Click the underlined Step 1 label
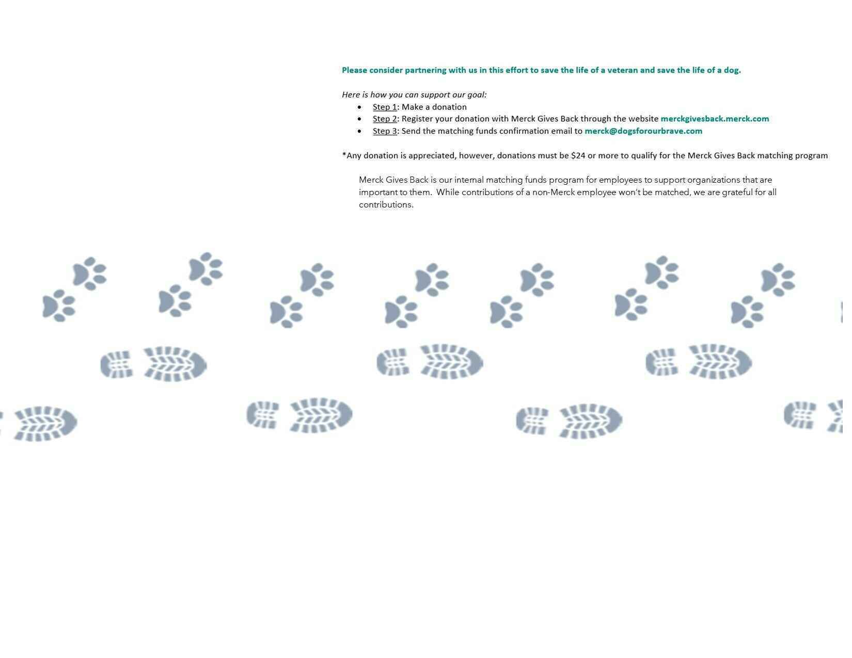coord(384,107)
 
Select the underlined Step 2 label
coord(384,119)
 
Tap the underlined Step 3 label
coord(384,131)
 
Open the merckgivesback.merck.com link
coord(714,119)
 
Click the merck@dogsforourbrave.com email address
coord(643,131)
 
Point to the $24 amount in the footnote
coord(578,155)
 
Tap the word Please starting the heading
coord(354,70)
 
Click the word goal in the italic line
coord(476,95)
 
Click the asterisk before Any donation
coord(344,154)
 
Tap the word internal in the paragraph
coord(468,180)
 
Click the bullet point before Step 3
coord(359,131)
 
